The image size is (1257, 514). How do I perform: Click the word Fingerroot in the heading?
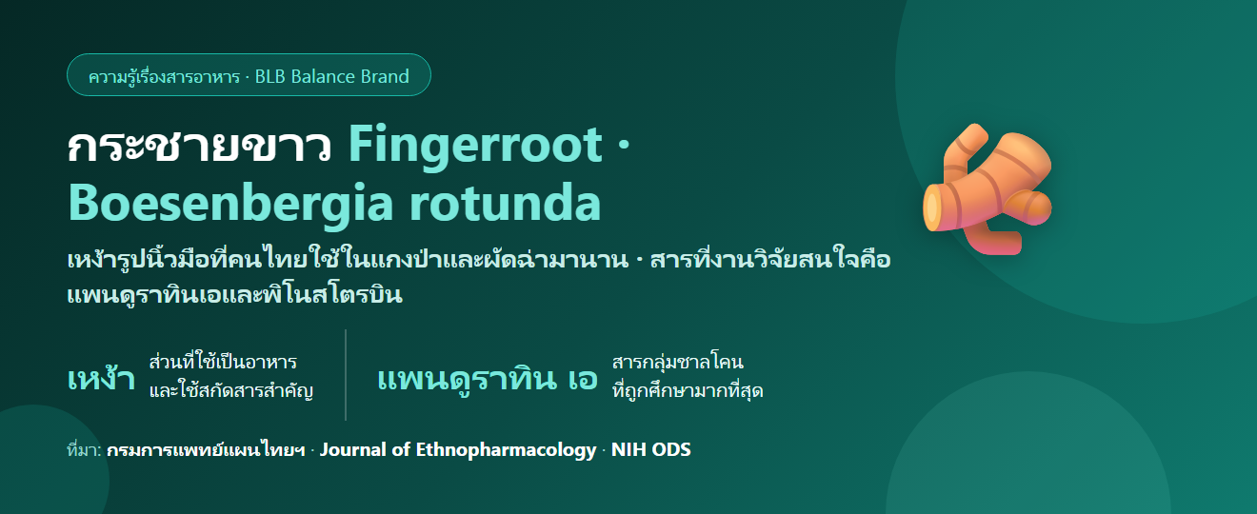[476, 146]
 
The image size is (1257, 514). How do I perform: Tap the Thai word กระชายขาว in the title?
[199, 146]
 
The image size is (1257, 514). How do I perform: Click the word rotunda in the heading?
[506, 203]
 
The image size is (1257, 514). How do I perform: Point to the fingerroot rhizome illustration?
[988, 189]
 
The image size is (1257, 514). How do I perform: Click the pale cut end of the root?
[931, 208]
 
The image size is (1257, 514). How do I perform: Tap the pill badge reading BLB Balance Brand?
[249, 75]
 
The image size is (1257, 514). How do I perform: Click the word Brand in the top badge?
[385, 76]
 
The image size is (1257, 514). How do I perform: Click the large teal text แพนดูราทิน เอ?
[488, 378]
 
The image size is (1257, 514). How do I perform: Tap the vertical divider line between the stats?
[346, 375]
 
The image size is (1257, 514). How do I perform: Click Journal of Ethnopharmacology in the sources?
[458, 450]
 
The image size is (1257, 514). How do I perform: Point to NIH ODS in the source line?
[651, 449]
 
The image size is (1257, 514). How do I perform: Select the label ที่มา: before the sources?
[84, 450]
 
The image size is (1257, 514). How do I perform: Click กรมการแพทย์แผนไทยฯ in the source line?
[206, 450]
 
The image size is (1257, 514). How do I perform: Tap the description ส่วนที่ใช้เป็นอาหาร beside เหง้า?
[223, 362]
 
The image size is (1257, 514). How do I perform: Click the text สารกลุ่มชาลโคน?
[678, 362]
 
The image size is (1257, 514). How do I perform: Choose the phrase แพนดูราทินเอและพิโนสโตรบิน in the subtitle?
[234, 294]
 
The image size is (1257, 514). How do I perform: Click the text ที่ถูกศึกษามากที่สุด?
[688, 390]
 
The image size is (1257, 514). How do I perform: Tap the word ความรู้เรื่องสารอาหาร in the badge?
[164, 76]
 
